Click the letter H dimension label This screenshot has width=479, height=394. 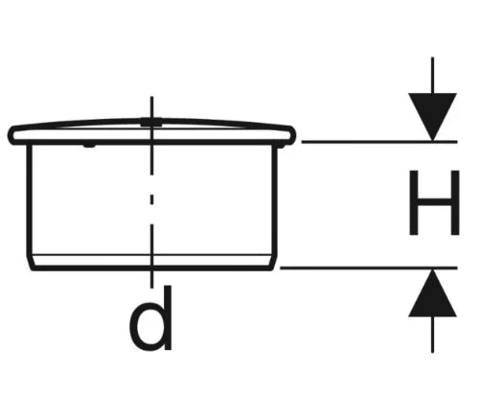pos(434,203)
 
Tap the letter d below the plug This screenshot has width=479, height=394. pos(151,318)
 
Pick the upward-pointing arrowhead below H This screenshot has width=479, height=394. pos(432,293)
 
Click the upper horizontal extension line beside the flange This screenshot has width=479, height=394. pos(379,141)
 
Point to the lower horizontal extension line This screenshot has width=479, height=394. pos(369,267)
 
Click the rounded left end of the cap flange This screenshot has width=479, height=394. pos(12,135)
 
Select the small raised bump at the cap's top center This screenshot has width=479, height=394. pos(151,121)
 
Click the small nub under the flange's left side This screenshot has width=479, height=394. pos(89,146)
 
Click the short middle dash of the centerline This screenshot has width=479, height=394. pos(151,199)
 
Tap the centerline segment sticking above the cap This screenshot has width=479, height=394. pos(151,107)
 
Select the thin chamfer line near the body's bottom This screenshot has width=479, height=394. pos(151,255)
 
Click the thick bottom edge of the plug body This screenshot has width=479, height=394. pos(151,267)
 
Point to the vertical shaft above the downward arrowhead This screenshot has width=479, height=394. pos(432,76)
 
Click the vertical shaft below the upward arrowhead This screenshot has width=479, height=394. pos(432,335)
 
